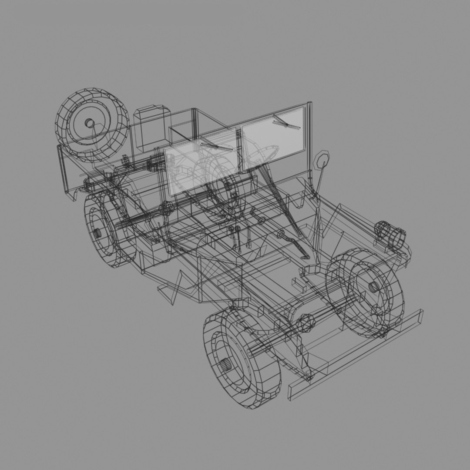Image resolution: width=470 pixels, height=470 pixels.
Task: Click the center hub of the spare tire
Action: (89, 123)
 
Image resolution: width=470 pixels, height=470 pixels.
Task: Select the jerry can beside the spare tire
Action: (151, 128)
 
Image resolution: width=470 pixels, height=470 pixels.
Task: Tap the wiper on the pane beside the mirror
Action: (285, 123)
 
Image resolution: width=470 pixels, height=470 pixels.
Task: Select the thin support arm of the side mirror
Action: (318, 181)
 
